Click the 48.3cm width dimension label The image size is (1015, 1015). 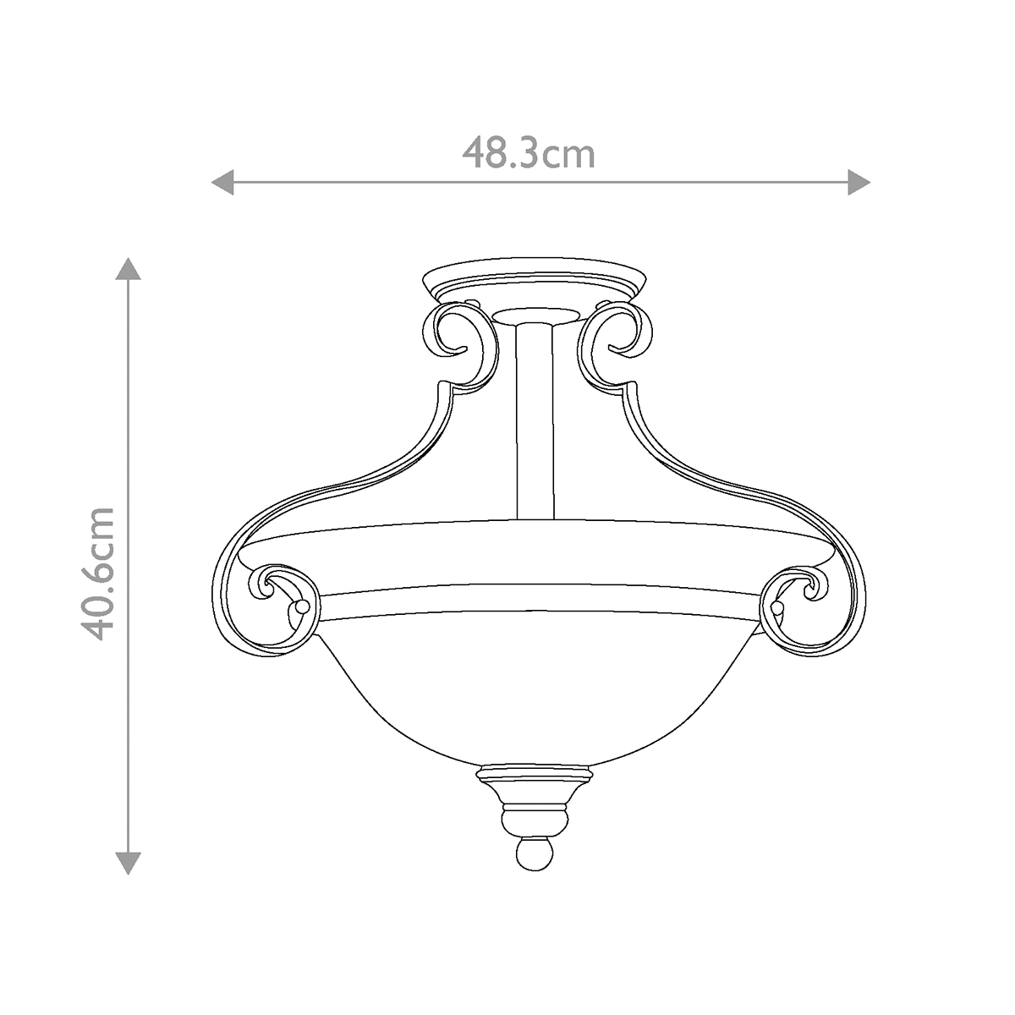(x=529, y=154)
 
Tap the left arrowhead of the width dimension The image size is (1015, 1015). (x=222, y=181)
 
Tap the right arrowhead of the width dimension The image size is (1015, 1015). (x=859, y=181)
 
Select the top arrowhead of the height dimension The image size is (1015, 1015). (x=128, y=268)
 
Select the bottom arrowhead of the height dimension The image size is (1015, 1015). (x=128, y=862)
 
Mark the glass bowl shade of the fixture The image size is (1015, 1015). (x=534, y=685)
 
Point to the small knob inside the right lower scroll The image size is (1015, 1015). (x=776, y=607)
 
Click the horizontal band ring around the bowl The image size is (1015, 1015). (x=534, y=599)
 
